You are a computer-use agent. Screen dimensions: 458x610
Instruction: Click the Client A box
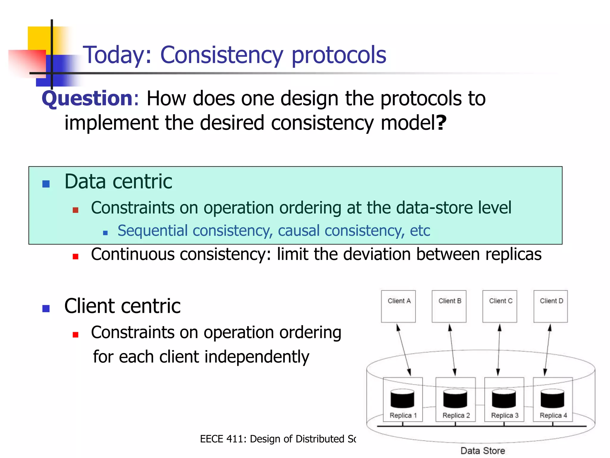point(398,306)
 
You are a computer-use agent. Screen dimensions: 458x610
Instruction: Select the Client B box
point(449,306)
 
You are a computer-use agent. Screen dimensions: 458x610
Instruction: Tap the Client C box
point(499,306)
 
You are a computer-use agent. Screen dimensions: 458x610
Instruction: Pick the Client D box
point(550,306)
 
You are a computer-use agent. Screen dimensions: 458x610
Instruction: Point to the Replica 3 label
point(505,415)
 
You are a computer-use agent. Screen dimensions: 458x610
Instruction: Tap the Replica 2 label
point(456,415)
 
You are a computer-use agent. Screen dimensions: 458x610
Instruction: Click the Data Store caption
point(483,451)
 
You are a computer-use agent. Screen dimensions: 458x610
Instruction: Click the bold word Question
point(87,98)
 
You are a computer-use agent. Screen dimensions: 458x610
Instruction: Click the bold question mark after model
point(441,123)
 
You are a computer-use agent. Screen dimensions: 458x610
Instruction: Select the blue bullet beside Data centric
point(46,184)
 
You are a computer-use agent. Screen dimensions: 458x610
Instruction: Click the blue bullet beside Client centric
point(46,308)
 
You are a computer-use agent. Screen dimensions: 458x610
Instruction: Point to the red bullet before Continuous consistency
point(75,256)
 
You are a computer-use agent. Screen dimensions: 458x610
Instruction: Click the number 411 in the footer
point(236,439)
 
